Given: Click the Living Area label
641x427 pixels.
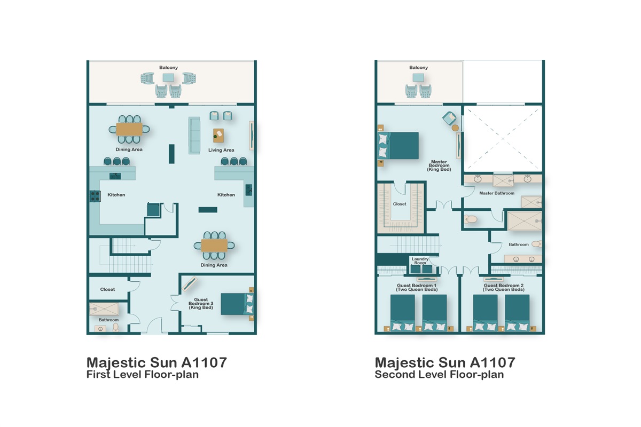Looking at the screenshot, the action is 221,150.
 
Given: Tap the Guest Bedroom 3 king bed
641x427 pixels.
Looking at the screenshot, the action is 237,304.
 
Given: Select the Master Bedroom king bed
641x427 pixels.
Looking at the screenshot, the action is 398,145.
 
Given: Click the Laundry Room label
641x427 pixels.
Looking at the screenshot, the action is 420,260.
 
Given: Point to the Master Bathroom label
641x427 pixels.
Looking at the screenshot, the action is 497,193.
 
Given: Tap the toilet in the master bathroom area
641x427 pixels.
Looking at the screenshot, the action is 471,219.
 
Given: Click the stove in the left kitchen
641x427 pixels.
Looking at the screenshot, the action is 95,196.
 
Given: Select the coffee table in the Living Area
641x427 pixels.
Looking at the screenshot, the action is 218,136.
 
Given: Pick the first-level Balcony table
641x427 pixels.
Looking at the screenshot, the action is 168,78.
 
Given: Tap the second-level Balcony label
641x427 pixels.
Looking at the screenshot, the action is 418,67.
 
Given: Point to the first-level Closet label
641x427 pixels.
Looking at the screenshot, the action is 107,289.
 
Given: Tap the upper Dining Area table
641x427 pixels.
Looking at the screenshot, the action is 129,129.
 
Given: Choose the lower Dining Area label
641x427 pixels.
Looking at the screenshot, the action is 214,265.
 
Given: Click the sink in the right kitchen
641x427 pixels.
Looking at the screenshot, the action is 249,190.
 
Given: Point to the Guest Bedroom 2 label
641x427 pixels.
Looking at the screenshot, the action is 503,288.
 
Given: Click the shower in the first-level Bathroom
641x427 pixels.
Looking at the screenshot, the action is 104,309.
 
